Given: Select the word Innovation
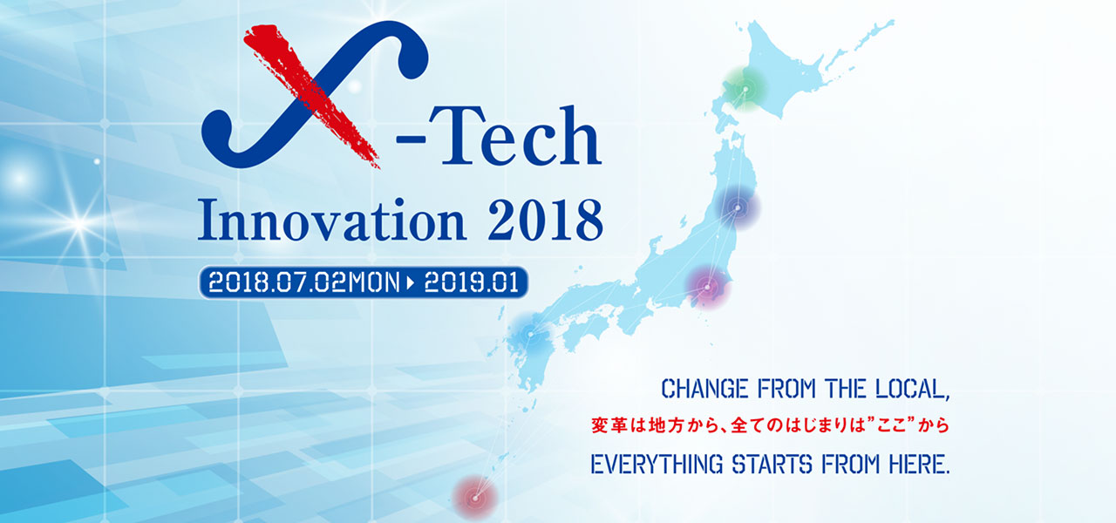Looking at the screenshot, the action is pyautogui.click(x=332, y=220).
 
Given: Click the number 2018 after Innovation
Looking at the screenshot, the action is pyautogui.click(x=546, y=221).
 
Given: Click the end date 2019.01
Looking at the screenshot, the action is pyautogui.click(x=472, y=283).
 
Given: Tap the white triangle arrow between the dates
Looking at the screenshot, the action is pyautogui.click(x=411, y=283).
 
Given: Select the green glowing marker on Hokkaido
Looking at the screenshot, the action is pyautogui.click(x=745, y=89).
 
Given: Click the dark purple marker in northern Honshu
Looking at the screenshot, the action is pyautogui.click(x=738, y=207).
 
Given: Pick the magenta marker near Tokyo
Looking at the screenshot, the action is pyautogui.click(x=707, y=288).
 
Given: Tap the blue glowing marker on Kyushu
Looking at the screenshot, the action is pyautogui.click(x=531, y=334).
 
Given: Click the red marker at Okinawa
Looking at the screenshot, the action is pyautogui.click(x=475, y=498).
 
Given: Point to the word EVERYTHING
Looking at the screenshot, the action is pyautogui.click(x=657, y=465).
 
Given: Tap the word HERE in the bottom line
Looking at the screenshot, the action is pyautogui.click(x=919, y=465).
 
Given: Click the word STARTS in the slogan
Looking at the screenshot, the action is pyautogui.click(x=772, y=465).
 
